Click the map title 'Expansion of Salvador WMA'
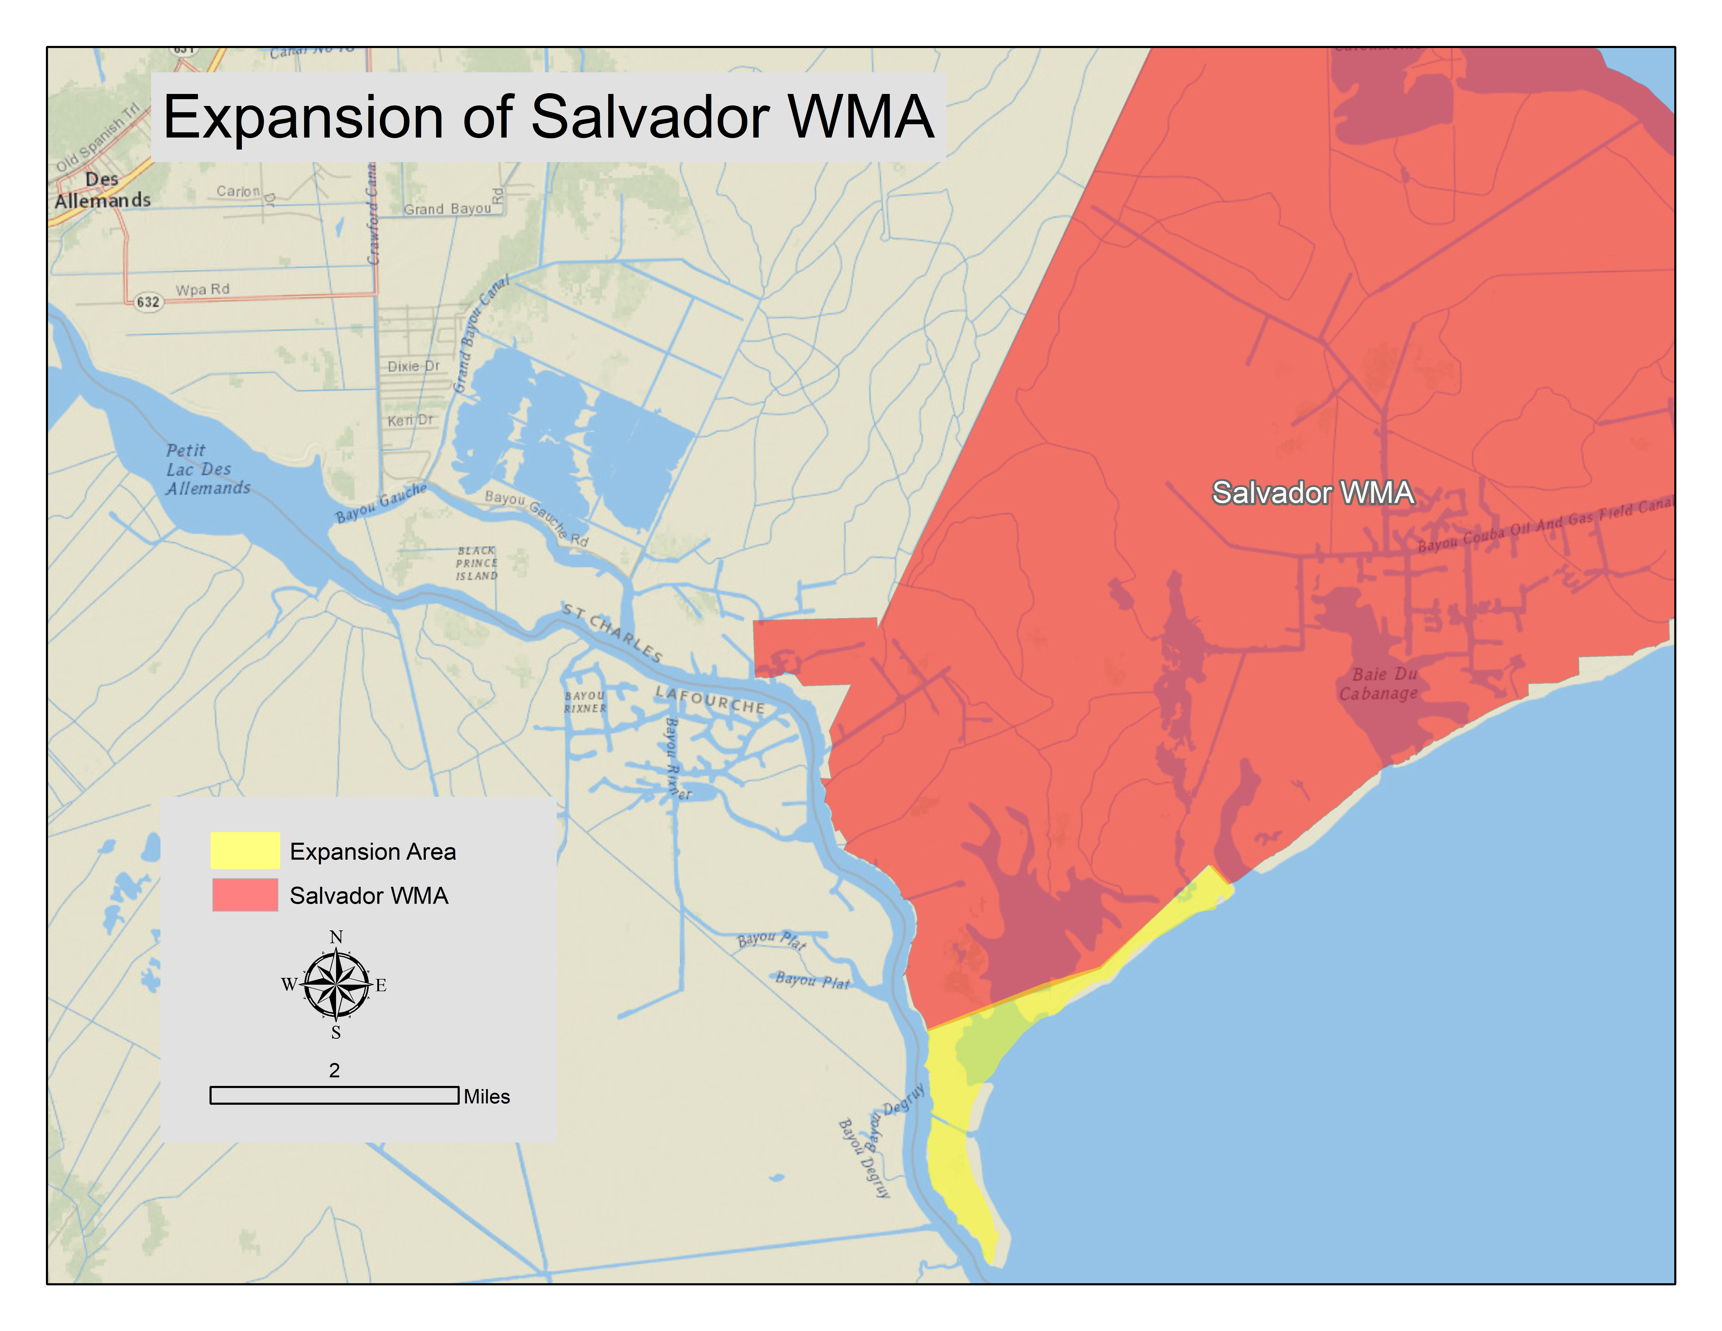(548, 117)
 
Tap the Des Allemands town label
(103, 190)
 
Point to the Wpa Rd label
(203, 289)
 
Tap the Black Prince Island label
(476, 563)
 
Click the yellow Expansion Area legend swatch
(244, 850)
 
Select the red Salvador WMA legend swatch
(244, 895)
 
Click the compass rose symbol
(336, 984)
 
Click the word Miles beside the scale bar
(487, 1097)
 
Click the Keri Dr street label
(410, 420)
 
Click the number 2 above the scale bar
(334, 1070)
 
